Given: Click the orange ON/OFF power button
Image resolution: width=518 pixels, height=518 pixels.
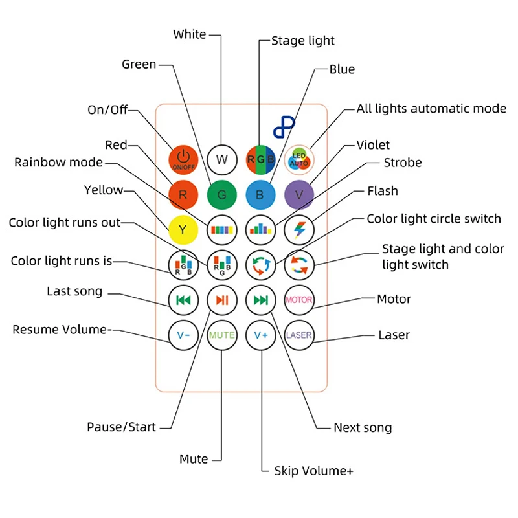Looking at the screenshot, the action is click(x=183, y=160).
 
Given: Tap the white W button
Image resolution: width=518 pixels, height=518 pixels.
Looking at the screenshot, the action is click(x=222, y=160).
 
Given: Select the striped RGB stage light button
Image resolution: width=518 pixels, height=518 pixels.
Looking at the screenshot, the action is click(x=261, y=160).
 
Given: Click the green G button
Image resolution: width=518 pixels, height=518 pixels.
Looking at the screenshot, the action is click(x=222, y=195).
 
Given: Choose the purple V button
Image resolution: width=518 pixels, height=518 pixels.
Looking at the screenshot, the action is click(x=299, y=195).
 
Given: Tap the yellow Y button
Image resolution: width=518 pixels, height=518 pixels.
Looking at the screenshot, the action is click(x=183, y=230).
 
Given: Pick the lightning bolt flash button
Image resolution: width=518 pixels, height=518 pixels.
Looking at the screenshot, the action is click(x=299, y=230).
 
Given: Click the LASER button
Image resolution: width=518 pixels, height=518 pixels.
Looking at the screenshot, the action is click(x=299, y=335).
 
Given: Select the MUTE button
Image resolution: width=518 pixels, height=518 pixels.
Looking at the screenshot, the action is click(x=222, y=335).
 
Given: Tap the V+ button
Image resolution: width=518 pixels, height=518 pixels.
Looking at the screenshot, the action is click(x=261, y=335).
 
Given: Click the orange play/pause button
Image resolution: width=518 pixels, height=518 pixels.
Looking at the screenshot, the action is click(x=222, y=300).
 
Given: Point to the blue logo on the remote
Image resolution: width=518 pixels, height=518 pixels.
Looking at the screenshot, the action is click(x=284, y=126).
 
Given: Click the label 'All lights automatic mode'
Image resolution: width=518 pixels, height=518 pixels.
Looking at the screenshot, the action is click(x=431, y=109).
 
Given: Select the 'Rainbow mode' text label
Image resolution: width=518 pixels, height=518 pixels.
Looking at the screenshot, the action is click(x=58, y=163).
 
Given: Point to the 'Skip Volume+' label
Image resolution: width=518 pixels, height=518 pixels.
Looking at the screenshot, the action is click(x=313, y=471).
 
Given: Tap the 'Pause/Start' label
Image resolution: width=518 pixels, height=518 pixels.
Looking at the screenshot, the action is click(x=121, y=427).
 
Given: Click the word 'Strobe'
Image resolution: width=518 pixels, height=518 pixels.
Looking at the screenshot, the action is click(x=403, y=163).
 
